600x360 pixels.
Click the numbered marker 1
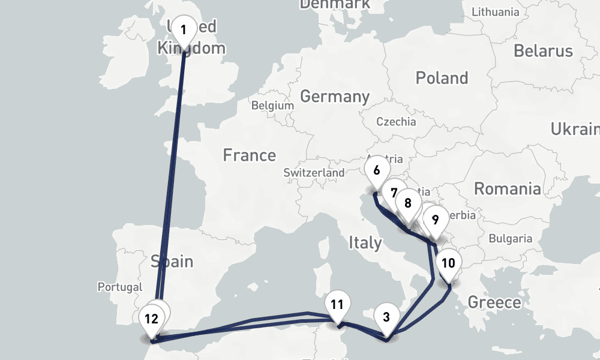[x=184, y=30]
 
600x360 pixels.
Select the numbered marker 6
[x=376, y=170]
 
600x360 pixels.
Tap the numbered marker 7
[x=394, y=193]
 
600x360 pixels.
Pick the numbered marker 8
[x=408, y=203]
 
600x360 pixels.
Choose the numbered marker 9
[x=435, y=220]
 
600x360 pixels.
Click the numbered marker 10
[x=449, y=263]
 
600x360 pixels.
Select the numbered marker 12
[x=151, y=319]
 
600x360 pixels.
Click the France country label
[x=250, y=155]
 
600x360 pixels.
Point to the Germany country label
[x=335, y=97]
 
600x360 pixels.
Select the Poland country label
[x=442, y=78]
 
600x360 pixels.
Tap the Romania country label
[x=508, y=189]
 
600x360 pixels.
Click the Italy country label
[x=365, y=243]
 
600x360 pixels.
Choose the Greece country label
[x=494, y=302]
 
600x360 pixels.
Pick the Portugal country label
[x=120, y=287]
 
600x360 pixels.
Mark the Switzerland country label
[x=314, y=173]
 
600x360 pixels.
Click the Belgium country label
[x=273, y=106]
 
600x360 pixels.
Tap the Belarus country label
[x=543, y=51]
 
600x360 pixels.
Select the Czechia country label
[x=396, y=122]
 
